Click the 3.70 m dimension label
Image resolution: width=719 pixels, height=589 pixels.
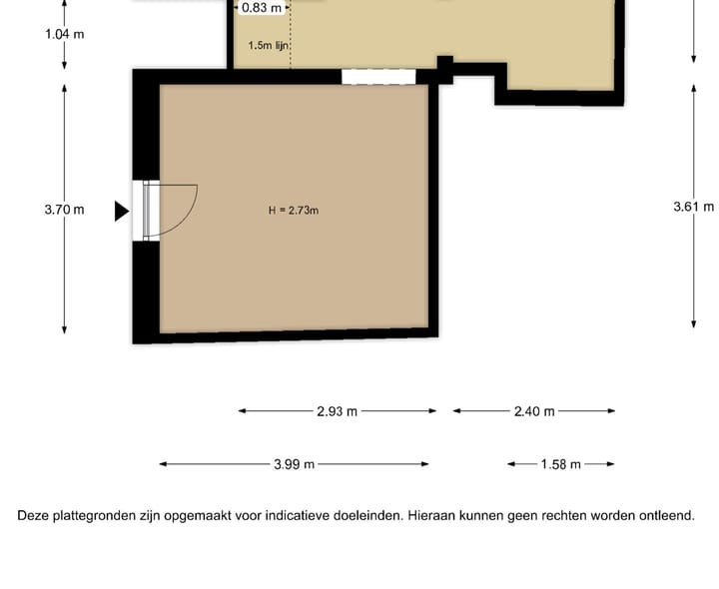(64, 210)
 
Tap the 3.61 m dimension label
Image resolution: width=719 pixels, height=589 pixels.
(694, 207)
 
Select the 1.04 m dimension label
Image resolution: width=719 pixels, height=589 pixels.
(64, 34)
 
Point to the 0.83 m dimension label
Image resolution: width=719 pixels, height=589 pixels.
(261, 8)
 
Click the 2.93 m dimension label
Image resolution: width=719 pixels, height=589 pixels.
(337, 411)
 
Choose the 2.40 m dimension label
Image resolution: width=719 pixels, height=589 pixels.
(533, 411)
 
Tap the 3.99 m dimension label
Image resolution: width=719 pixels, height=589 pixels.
(295, 464)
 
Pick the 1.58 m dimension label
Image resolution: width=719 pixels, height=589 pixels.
(560, 464)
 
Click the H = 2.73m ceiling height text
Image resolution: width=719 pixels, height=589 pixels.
(294, 210)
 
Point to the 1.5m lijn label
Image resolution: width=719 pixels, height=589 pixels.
(269, 45)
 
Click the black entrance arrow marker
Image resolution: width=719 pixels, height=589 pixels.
(121, 211)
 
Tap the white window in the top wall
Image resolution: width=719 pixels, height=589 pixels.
(378, 76)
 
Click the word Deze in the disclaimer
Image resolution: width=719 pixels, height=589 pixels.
(34, 516)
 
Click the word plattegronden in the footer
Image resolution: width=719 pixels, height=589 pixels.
(96, 516)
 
